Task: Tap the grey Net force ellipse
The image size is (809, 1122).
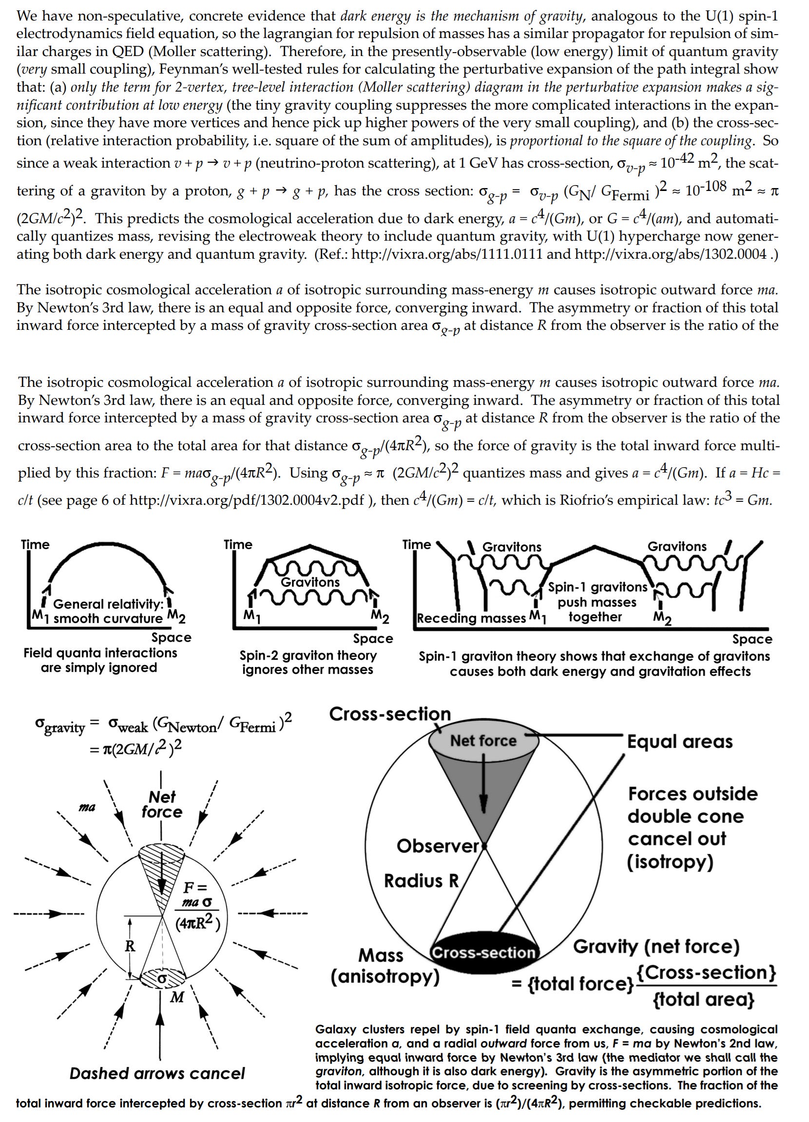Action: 483,741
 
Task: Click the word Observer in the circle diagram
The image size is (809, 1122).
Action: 438,846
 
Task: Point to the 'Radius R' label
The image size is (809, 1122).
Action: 422,880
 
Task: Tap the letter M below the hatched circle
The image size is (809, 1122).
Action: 176,997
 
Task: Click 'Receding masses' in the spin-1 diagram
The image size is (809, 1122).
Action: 471,618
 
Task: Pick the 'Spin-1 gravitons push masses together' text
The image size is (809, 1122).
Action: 597,602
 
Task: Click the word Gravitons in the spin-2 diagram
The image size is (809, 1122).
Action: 310,582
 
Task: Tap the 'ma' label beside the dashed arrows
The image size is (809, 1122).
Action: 87,807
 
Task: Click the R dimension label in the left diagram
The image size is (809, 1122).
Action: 130,946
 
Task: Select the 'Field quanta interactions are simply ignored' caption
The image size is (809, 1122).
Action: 100,661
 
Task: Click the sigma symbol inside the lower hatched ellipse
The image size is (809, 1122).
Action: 161,979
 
